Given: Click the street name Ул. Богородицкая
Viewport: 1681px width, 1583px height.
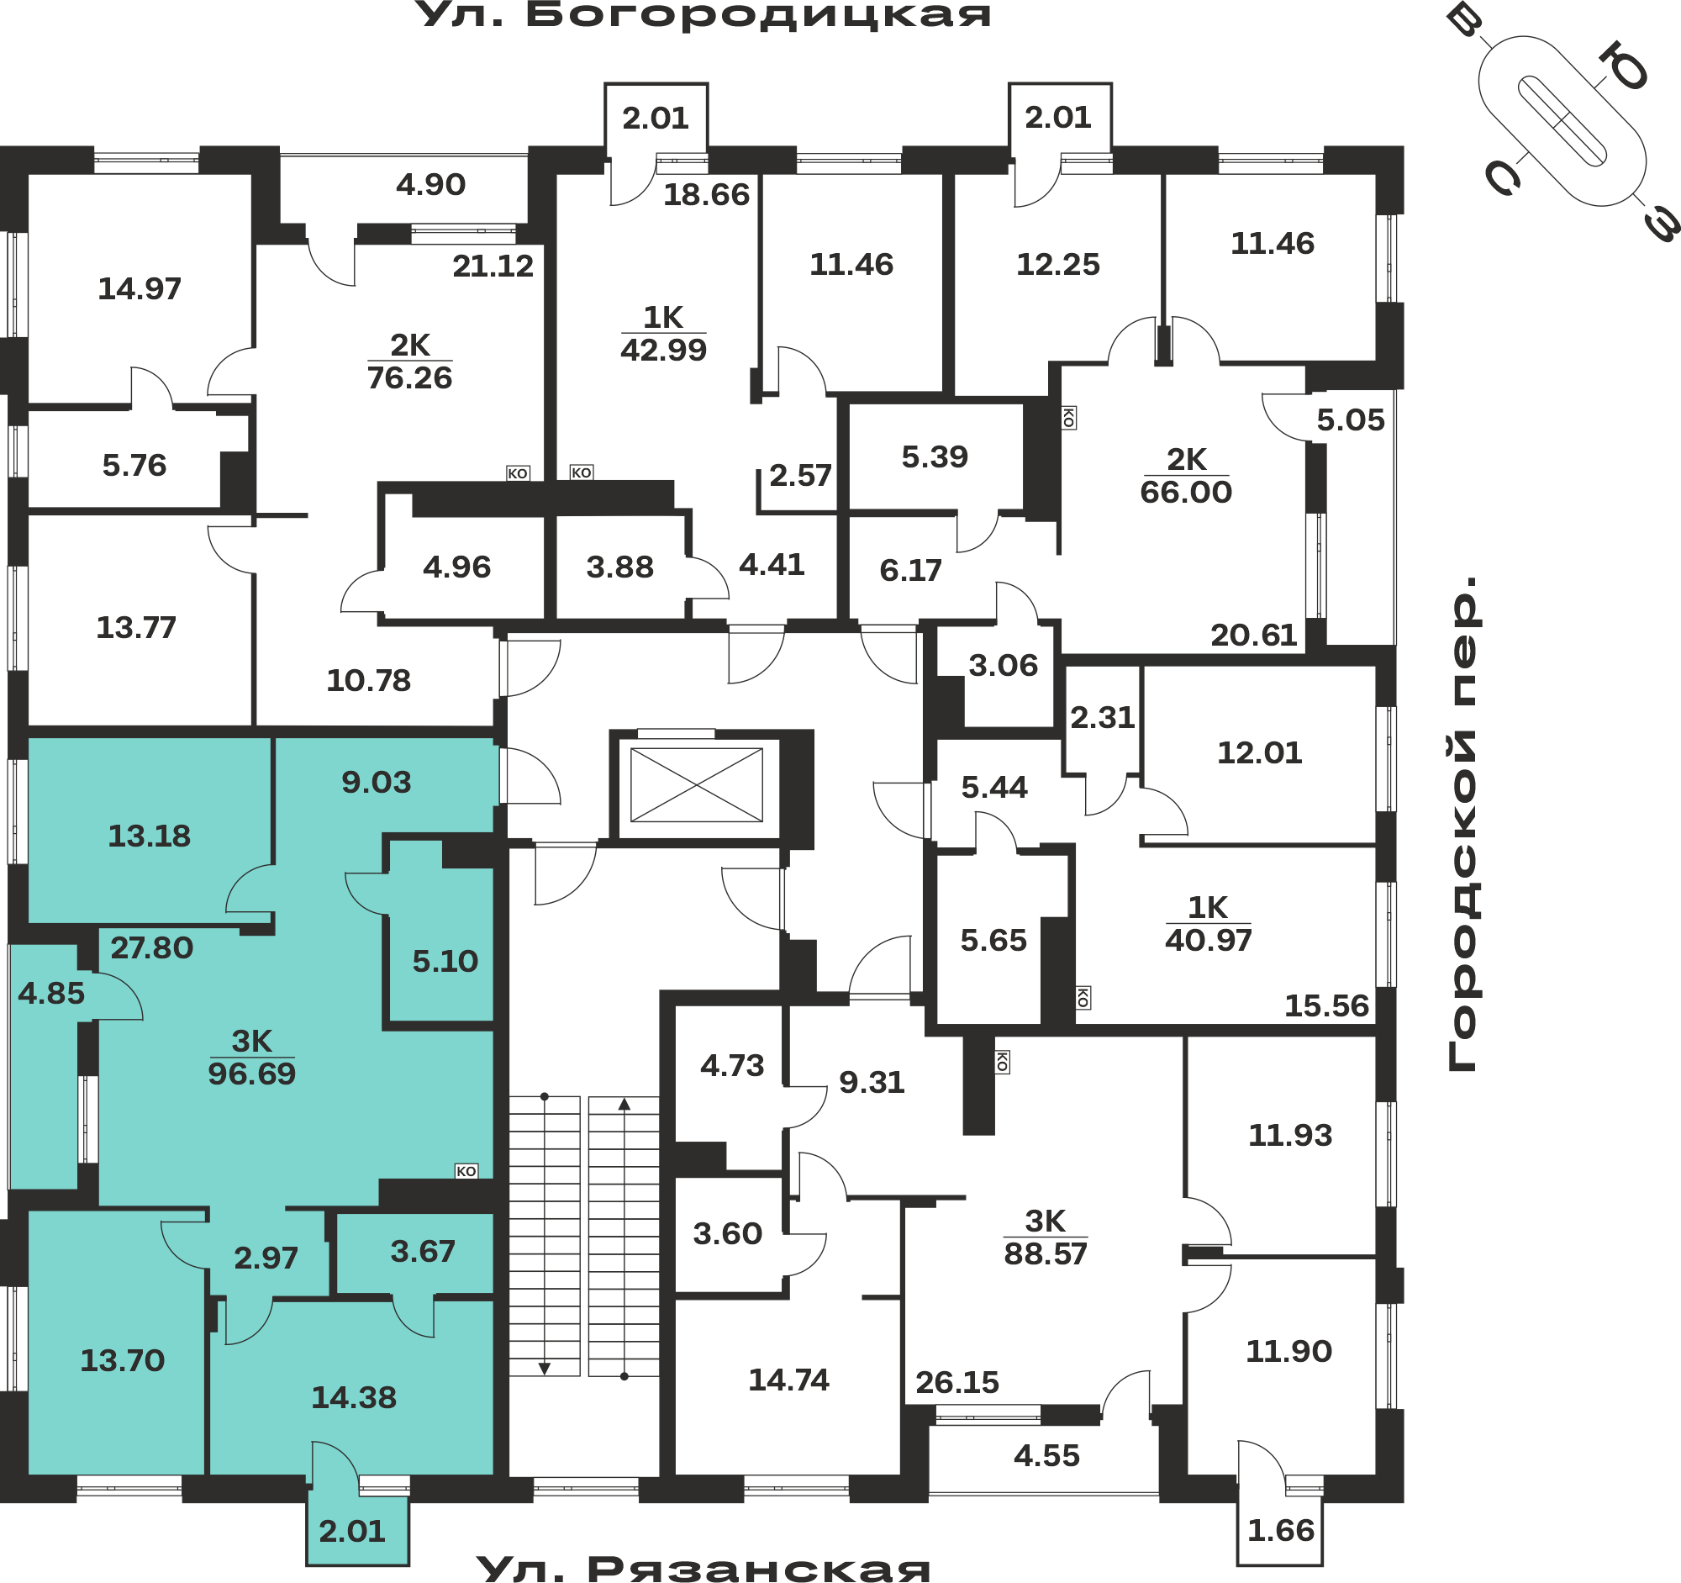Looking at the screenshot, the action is (x=704, y=15).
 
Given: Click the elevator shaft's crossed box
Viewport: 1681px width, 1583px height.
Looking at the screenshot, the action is (x=697, y=785).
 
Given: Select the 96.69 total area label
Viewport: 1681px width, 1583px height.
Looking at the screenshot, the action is (x=252, y=1074).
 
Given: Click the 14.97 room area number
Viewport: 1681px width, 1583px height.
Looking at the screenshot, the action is (x=140, y=289).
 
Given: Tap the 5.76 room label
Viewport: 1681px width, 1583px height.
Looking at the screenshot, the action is (x=134, y=465).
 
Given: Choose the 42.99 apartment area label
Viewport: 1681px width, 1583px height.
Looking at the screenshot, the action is (x=664, y=350).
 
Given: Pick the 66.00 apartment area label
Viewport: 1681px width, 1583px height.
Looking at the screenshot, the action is (x=1186, y=492).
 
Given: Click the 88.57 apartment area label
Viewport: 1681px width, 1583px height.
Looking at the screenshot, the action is (x=1046, y=1254).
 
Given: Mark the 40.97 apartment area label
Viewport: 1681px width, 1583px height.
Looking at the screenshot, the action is (x=1209, y=941).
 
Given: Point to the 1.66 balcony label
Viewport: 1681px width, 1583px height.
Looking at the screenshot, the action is (x=1281, y=1531).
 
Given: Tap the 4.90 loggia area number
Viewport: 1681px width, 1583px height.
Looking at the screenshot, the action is (x=431, y=184).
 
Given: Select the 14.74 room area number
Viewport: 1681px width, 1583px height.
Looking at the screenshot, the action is (x=789, y=1380).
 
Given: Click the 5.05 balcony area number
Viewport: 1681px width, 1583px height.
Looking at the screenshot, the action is (x=1352, y=420).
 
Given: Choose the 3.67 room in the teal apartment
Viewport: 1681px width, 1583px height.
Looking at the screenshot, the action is (x=423, y=1252).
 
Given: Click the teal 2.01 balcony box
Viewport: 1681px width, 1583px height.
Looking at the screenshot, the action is (x=358, y=1532).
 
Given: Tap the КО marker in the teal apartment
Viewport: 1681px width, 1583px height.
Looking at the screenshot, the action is (x=466, y=1171).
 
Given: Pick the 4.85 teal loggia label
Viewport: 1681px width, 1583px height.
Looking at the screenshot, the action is (x=51, y=994).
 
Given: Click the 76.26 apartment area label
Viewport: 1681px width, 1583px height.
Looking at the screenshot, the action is (x=410, y=378).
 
